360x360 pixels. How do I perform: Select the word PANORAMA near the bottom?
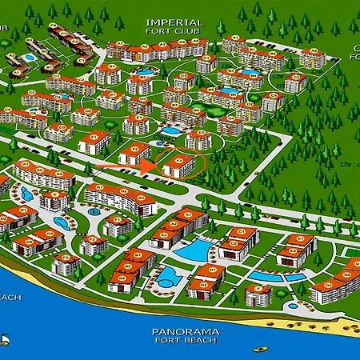[x=180, y=330]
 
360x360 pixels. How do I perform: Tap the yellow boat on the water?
[x=261, y=349]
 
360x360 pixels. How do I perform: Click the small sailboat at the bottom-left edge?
[x=4, y=339]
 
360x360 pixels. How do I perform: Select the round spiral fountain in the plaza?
[x=94, y=212]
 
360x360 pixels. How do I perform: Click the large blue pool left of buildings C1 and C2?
[x=193, y=250]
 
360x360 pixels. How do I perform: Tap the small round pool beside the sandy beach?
[x=293, y=306]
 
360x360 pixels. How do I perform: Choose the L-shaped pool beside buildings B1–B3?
[x=167, y=277]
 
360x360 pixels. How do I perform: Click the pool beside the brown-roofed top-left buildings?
[x=30, y=58]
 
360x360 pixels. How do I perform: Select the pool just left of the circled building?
[x=170, y=130]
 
